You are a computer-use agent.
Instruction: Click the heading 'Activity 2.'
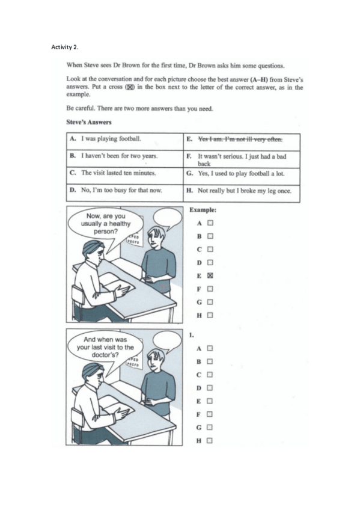point(65,46)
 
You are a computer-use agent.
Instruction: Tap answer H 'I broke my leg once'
point(244,190)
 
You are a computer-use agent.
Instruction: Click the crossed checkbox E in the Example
point(210,275)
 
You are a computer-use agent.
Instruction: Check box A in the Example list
point(210,223)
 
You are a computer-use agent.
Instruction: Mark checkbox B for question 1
point(210,361)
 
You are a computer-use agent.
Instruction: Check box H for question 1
point(210,441)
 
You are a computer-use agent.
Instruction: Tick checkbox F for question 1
point(210,414)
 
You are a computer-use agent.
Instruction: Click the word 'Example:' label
point(203,210)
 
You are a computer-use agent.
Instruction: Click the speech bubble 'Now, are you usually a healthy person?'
point(102,224)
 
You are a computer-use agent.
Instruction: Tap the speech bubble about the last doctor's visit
point(102,348)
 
